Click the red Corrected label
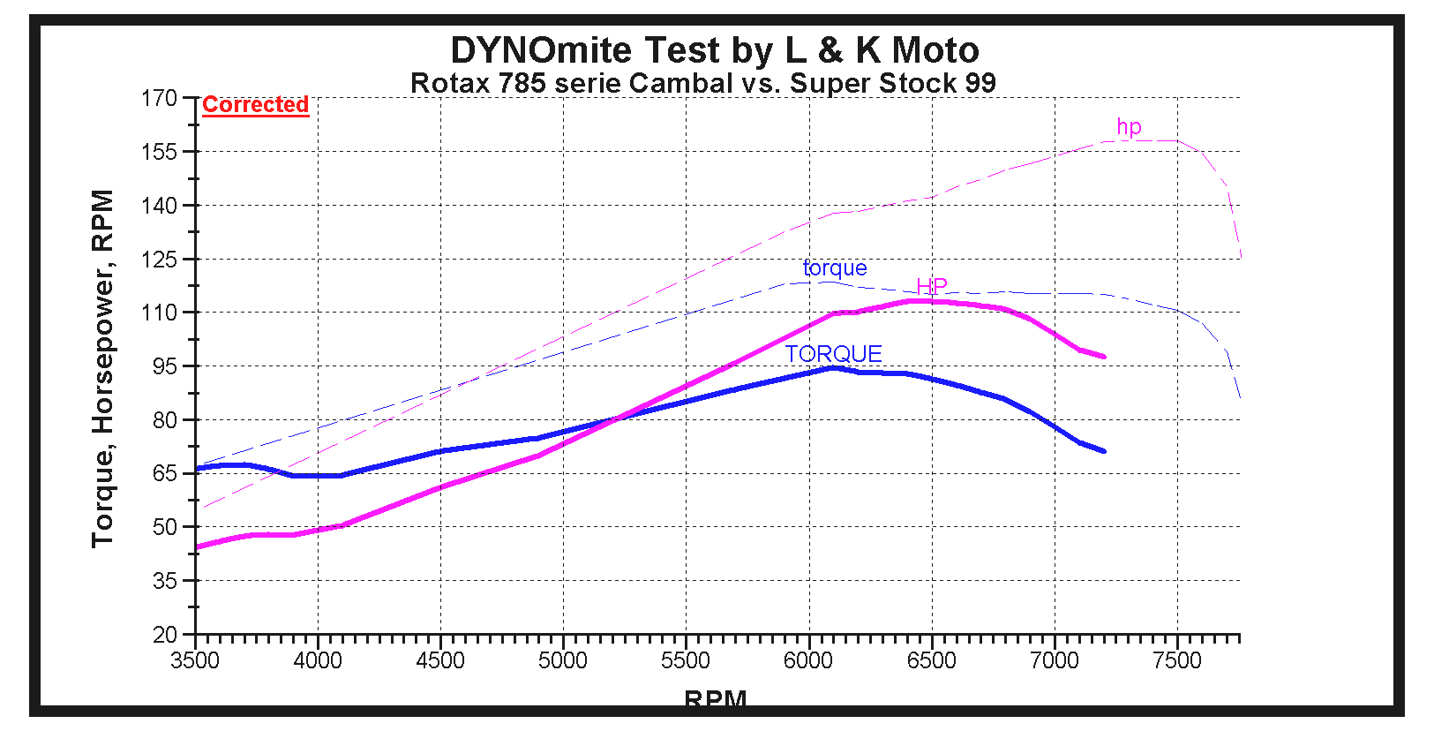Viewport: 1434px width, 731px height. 255,104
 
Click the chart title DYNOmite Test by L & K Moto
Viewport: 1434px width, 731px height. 715,50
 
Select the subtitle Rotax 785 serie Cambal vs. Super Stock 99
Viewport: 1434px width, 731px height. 703,83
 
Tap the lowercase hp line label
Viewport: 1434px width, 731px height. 1129,126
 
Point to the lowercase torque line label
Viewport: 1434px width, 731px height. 835,268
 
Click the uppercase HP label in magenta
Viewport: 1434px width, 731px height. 932,286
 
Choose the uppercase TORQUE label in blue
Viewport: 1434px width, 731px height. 834,354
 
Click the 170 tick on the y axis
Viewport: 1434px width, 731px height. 160,98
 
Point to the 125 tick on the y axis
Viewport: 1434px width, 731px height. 160,260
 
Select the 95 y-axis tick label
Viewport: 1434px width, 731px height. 165,366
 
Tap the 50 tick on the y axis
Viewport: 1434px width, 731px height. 165,527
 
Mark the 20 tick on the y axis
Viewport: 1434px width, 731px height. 165,635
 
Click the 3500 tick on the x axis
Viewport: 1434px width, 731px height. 195,660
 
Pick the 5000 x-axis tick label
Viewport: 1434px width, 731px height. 563,660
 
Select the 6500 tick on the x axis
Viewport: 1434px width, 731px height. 932,660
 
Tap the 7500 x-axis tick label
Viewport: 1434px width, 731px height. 1177,660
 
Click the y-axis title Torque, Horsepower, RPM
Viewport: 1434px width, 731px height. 103,368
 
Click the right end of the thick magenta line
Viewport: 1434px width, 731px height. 1103,357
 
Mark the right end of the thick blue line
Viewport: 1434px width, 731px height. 1103,451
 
